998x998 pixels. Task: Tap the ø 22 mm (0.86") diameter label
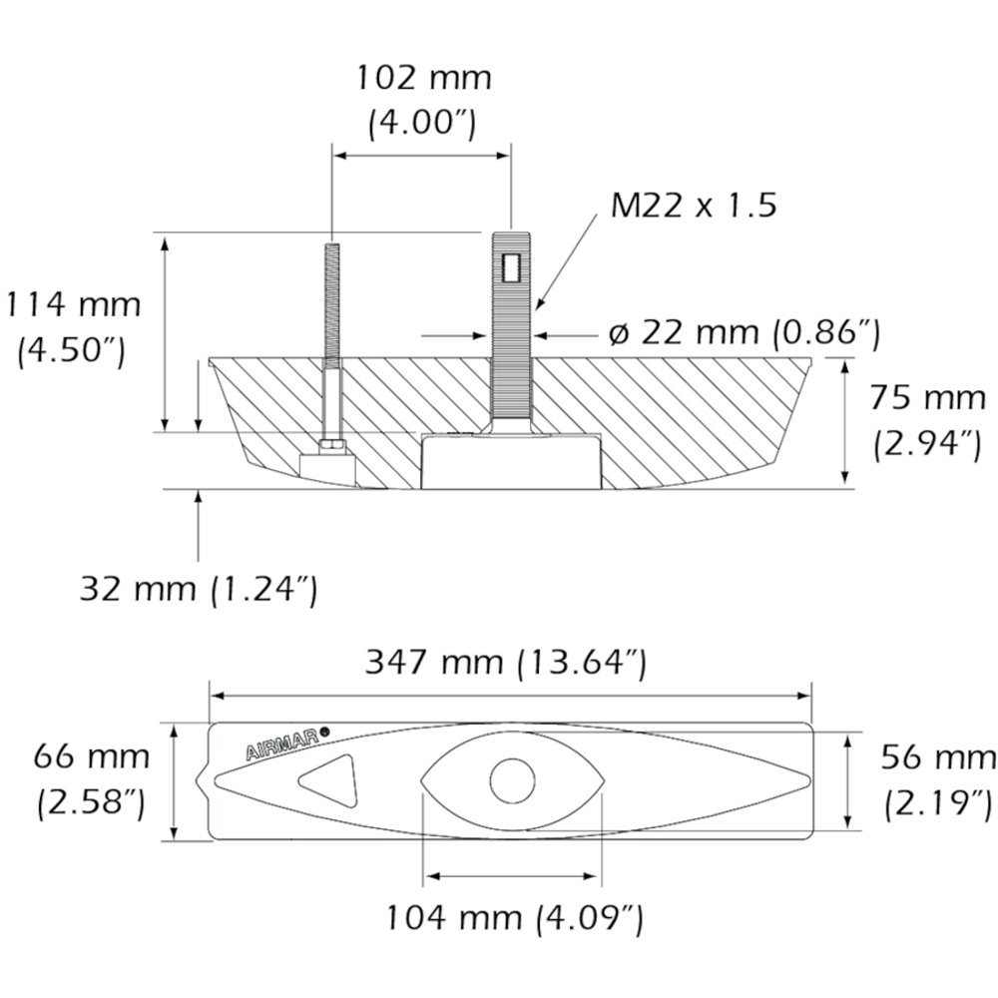[744, 332]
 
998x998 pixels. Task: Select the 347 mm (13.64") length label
[506, 661]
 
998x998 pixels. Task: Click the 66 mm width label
[91, 756]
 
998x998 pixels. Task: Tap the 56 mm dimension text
[937, 758]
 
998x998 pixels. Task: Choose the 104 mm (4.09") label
[514, 916]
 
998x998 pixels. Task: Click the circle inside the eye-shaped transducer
[513, 780]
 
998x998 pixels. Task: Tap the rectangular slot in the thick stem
[513, 266]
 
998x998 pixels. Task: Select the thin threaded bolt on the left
[330, 299]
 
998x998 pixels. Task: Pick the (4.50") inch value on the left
[72, 350]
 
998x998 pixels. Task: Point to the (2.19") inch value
[937, 801]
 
